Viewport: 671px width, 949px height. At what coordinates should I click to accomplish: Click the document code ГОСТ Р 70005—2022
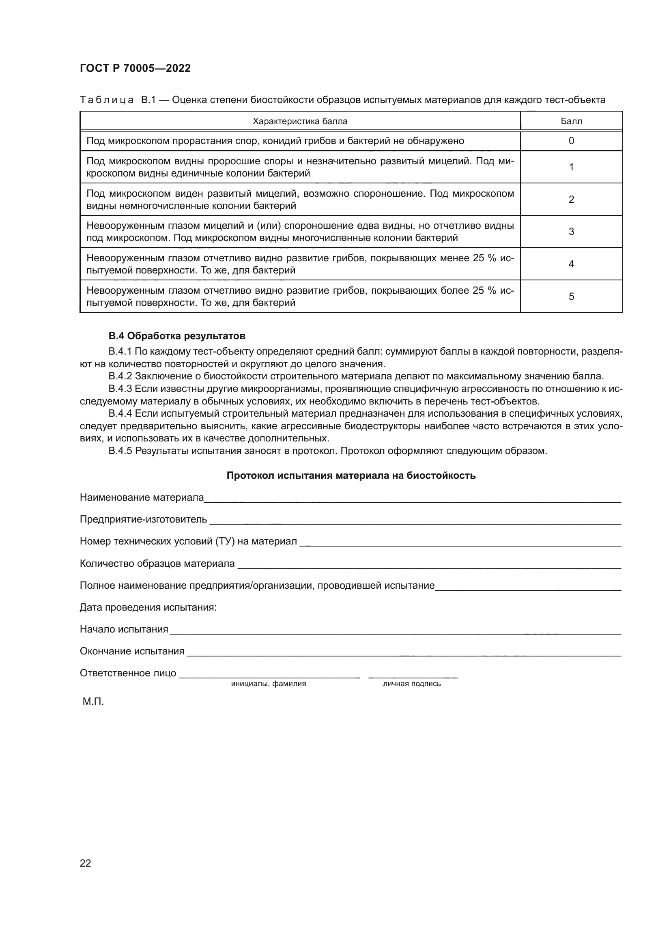(135, 69)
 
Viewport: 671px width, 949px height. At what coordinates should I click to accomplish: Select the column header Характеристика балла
(299, 121)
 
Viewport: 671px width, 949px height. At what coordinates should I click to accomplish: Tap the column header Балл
(571, 121)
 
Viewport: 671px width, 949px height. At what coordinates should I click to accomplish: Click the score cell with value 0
(571, 141)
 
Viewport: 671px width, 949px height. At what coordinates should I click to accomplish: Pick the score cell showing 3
(571, 231)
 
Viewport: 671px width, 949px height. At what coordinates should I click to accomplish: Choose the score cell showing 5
(571, 296)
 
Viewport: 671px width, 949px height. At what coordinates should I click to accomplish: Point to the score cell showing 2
(571, 199)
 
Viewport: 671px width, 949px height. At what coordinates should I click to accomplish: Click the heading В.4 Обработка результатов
(177, 336)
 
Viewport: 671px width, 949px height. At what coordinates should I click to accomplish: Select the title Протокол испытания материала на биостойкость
(351, 476)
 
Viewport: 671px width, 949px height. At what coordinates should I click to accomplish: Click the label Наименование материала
(142, 498)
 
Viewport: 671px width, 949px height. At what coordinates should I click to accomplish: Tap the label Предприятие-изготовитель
(143, 520)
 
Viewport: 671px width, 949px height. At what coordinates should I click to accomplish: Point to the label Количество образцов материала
(157, 564)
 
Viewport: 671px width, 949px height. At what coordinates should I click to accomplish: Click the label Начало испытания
(124, 630)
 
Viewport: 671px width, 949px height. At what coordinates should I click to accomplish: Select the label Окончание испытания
(132, 652)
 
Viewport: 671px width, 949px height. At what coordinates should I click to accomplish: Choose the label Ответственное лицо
(128, 674)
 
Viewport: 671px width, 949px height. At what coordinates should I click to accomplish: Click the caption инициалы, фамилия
(268, 684)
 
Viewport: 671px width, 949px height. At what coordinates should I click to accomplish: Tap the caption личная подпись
(411, 684)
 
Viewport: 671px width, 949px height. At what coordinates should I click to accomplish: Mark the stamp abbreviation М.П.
(93, 702)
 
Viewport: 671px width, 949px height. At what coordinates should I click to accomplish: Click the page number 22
(85, 863)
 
